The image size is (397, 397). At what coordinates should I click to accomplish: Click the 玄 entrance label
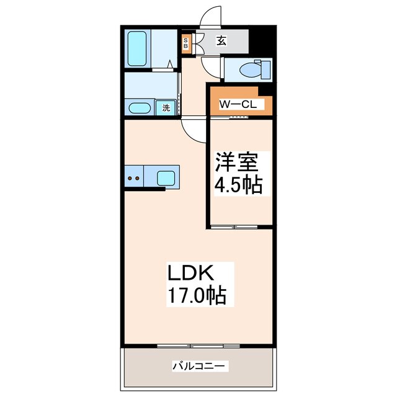[221, 42]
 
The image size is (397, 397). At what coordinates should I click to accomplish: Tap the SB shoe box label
[185, 43]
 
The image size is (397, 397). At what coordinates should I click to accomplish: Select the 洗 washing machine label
[166, 108]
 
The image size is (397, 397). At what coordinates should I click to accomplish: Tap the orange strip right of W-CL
[269, 100]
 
